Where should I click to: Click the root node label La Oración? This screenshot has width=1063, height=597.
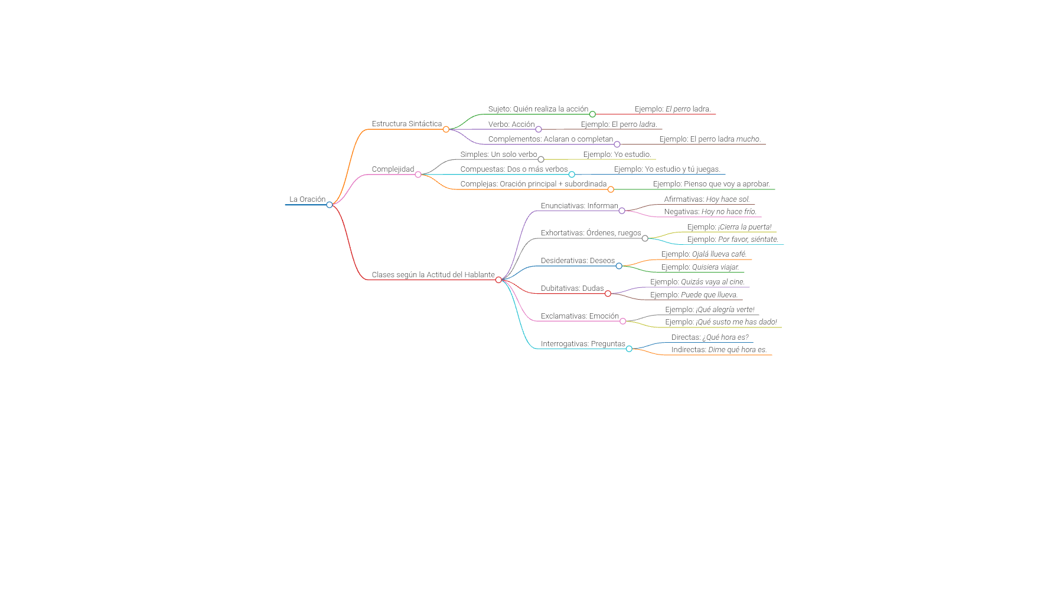pos(307,199)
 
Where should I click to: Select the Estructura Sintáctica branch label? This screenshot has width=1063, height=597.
pos(406,124)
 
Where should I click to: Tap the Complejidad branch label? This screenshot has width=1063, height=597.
pos(393,169)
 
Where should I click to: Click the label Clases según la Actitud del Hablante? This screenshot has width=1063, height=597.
pos(433,275)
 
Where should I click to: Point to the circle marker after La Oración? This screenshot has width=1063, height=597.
pos(330,205)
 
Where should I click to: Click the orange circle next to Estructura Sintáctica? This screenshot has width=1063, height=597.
pos(446,129)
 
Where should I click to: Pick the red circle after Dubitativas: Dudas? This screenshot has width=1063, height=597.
pos(608,294)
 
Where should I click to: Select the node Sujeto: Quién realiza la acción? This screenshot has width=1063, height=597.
pos(538,109)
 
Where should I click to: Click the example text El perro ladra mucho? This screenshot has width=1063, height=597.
pos(710,139)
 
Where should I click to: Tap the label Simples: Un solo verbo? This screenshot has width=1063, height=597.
pos(498,155)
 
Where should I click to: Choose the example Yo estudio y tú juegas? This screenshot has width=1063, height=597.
pos(667,169)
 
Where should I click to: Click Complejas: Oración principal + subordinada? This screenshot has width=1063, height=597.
pos(533,184)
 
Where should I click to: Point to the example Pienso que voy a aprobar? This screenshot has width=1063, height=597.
pos(711,184)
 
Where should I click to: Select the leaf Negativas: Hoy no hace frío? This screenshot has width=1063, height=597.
pos(710,212)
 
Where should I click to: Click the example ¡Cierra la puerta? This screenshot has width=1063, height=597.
pos(729,227)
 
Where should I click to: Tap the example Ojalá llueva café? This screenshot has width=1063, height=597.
pos(704,254)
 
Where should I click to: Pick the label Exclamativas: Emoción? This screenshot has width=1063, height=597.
pos(579,316)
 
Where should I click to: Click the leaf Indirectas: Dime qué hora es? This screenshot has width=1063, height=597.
pos(719,350)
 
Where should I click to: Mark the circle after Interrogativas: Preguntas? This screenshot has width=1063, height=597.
pos(629,349)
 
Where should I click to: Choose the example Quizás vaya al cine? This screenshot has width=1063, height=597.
pos(697,282)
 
